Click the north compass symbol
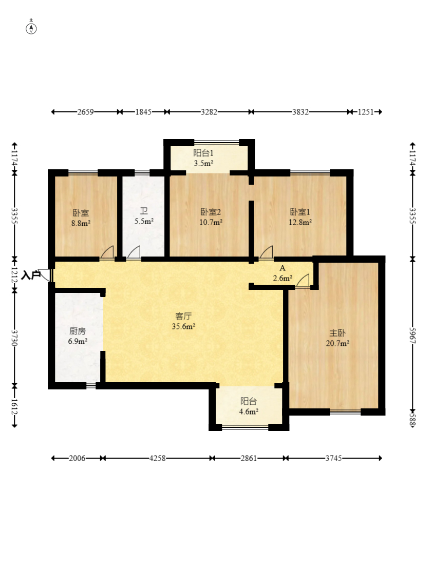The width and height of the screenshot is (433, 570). (31, 28)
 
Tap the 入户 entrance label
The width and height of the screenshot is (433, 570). (30, 275)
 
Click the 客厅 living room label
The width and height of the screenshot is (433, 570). (183, 316)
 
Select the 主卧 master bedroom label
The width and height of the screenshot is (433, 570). (337, 333)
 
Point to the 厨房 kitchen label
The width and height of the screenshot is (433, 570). (78, 331)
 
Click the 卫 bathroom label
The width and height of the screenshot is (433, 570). (144, 211)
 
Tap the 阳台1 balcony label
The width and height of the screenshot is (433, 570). (203, 153)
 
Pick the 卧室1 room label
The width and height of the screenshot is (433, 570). (300, 211)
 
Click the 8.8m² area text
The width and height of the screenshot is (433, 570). (81, 223)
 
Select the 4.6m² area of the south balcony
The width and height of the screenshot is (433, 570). (249, 411)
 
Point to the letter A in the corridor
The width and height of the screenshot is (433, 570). (283, 268)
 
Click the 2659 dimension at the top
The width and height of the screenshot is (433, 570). (85, 112)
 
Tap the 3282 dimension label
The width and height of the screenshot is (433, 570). (209, 112)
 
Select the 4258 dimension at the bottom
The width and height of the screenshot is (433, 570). (158, 458)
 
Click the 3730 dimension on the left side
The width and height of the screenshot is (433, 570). (14, 338)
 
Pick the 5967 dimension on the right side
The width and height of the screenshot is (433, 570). (412, 336)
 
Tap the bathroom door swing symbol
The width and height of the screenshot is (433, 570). (134, 252)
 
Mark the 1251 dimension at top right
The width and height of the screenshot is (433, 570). (366, 112)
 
